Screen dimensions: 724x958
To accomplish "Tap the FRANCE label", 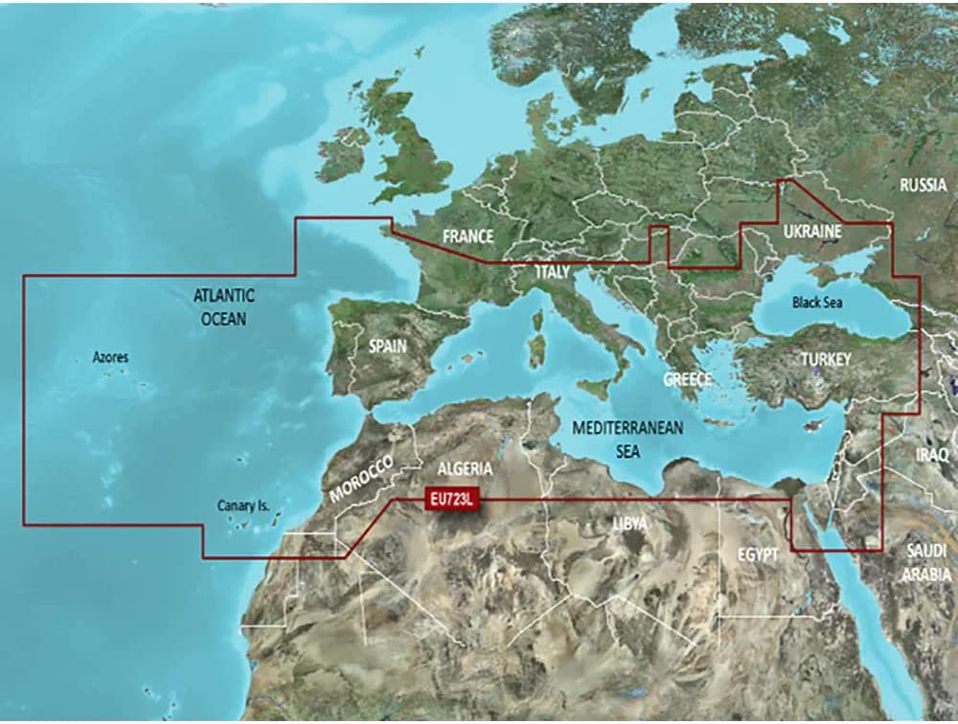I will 468,237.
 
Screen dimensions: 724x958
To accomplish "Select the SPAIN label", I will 389,346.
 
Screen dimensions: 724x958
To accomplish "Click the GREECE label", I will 688,379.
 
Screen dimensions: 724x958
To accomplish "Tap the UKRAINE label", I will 811,232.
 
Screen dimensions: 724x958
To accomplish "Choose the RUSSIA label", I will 923,185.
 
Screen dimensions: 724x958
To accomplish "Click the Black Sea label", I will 817,303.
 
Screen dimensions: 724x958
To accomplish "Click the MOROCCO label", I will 361,479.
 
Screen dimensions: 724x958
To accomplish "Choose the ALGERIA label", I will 465,469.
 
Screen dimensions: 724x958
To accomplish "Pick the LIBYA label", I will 629,523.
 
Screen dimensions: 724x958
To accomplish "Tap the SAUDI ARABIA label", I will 930,562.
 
